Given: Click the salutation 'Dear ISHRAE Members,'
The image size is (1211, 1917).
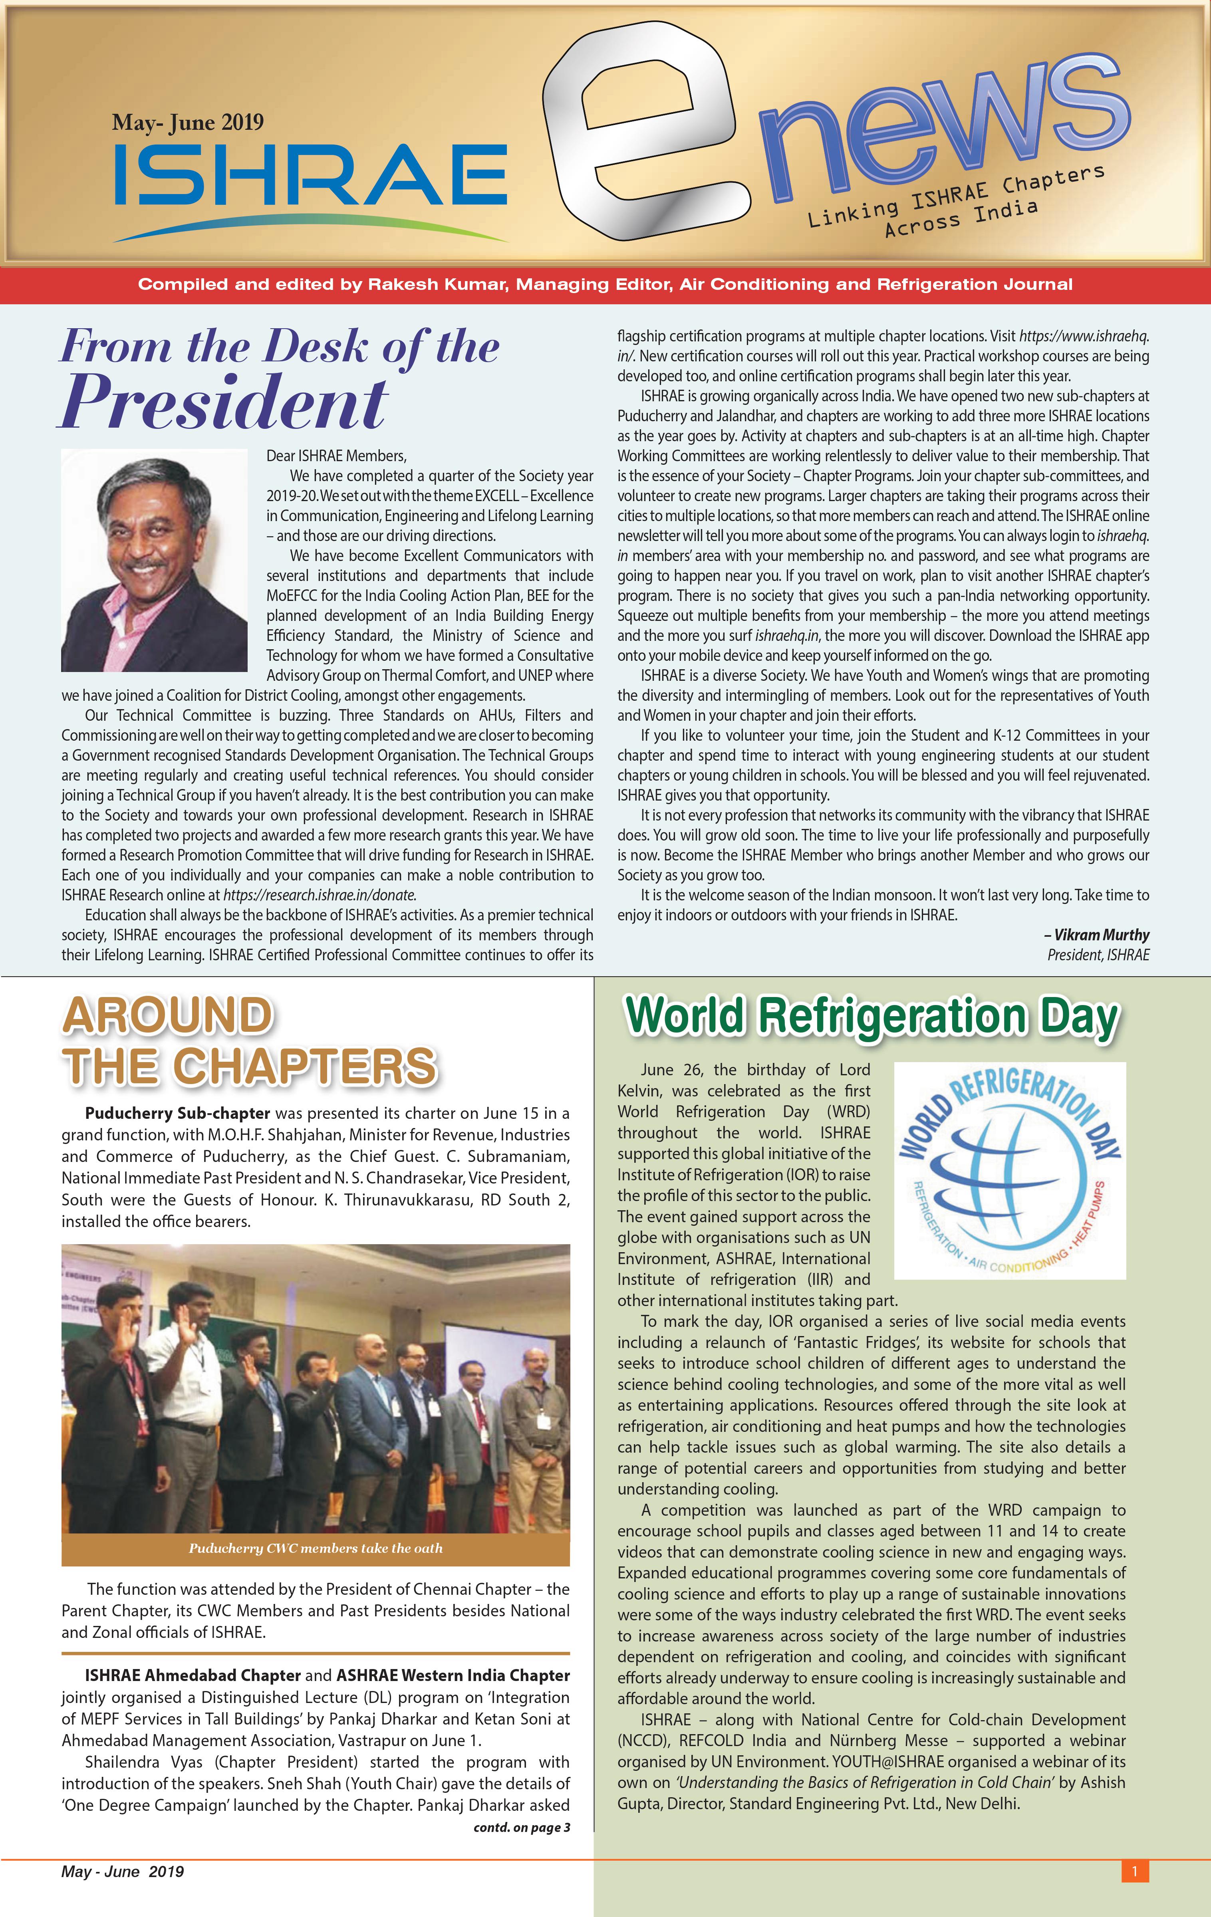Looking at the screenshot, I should click(336, 455).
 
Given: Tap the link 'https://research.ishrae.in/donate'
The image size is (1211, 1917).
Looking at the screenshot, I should click(318, 895).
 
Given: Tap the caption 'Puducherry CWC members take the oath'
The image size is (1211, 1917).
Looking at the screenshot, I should click(315, 1548).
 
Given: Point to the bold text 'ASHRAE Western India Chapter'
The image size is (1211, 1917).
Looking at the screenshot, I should click(453, 1675).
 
